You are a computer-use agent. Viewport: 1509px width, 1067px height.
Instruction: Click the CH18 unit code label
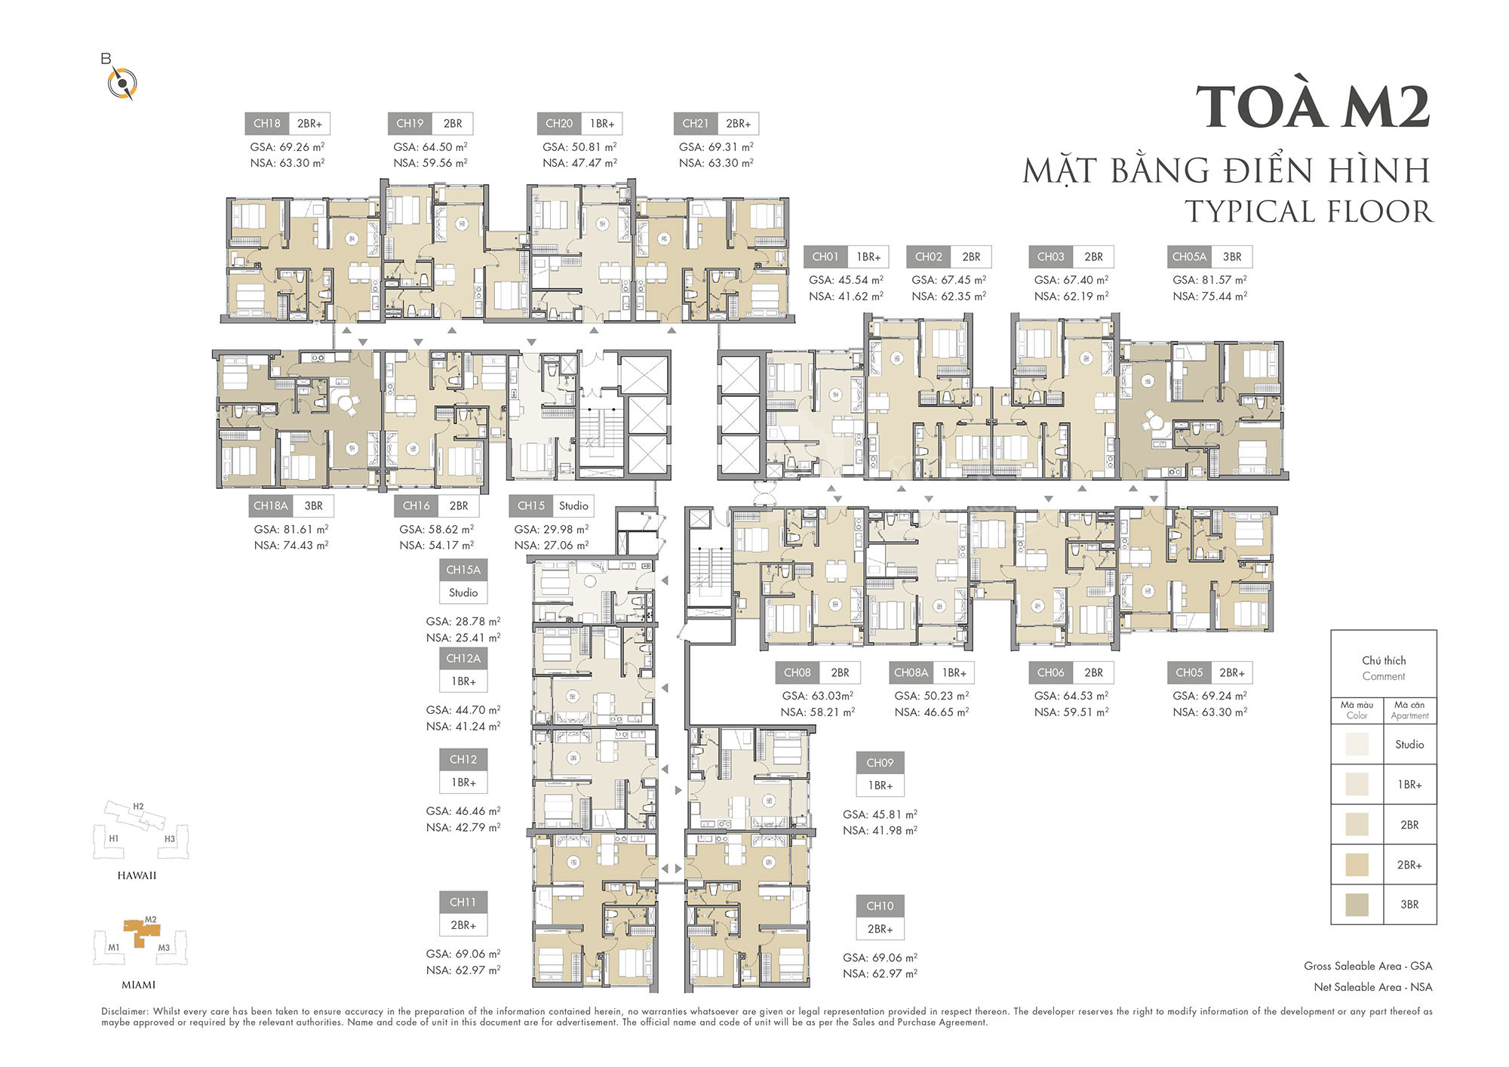coord(267,124)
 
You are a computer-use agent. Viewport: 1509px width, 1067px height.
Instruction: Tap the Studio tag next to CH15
coord(573,506)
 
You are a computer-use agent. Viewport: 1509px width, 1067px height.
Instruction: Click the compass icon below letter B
coord(121,84)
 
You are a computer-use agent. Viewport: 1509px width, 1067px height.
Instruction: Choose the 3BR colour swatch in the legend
coord(1357,905)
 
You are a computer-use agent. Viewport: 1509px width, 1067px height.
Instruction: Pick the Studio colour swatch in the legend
coord(1357,744)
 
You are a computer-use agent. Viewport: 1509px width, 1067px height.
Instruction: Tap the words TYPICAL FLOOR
coord(1309,212)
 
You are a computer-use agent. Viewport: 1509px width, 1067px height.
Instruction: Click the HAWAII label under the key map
coord(137,875)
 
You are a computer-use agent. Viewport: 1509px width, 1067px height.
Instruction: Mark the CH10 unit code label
coord(880,906)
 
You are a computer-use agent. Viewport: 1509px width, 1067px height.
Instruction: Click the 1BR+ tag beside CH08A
coord(954,672)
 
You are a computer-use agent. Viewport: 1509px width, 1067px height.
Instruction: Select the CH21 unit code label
coord(695,124)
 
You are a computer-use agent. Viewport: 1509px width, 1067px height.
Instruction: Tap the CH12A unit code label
coord(463,658)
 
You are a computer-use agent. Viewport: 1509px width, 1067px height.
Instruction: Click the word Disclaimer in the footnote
coord(125,1011)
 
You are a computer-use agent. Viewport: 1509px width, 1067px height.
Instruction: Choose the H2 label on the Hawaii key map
coord(138,807)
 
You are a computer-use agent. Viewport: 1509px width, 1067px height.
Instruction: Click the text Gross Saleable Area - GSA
coord(1368,966)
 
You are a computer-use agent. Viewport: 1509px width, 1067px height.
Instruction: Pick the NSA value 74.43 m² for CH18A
coord(305,545)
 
